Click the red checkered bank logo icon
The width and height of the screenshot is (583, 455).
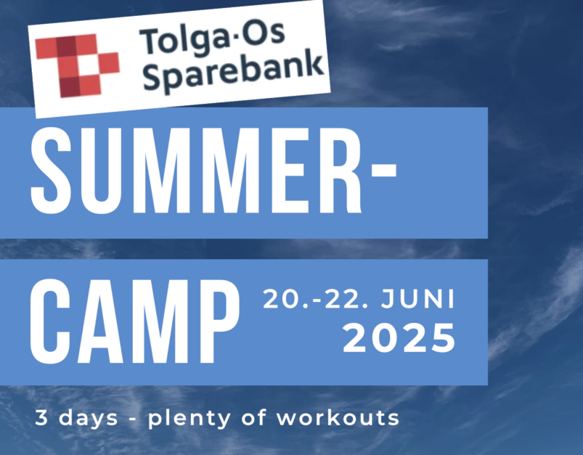pyautogui.click(x=78, y=65)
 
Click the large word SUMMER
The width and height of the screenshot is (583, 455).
pyautogui.click(x=196, y=171)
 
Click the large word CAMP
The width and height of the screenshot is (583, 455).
pyautogui.click(x=134, y=321)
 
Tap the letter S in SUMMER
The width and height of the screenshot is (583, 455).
pyautogui.click(x=51, y=171)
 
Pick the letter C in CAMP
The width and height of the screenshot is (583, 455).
pyautogui.click(x=50, y=321)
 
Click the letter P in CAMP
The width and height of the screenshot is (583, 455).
pyautogui.click(x=219, y=321)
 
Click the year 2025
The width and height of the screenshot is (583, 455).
pyautogui.click(x=399, y=338)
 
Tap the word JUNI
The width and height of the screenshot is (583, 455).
pyautogui.click(x=417, y=299)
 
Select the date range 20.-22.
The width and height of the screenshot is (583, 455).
pyautogui.click(x=316, y=299)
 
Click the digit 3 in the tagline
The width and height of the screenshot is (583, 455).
pyautogui.click(x=41, y=417)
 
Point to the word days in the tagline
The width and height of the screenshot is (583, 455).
pyautogui.click(x=88, y=419)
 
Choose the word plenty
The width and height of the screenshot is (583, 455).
pyautogui.click(x=189, y=419)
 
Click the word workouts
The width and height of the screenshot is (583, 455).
pyautogui.click(x=338, y=417)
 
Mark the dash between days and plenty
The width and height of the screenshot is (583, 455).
pyautogui.click(x=133, y=419)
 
